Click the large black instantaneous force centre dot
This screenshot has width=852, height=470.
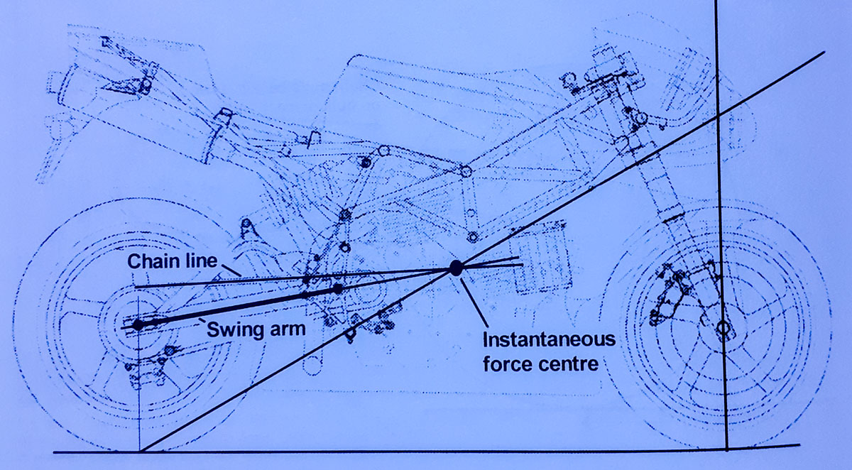[456, 268]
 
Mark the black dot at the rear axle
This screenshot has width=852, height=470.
[138, 324]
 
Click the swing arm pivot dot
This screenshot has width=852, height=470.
[338, 289]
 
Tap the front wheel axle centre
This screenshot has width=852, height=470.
[723, 329]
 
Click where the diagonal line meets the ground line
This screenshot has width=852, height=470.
[141, 451]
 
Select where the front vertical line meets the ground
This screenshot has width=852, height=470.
[727, 449]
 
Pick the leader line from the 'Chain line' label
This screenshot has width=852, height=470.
[230, 269]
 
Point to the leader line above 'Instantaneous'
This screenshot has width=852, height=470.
[474, 302]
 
